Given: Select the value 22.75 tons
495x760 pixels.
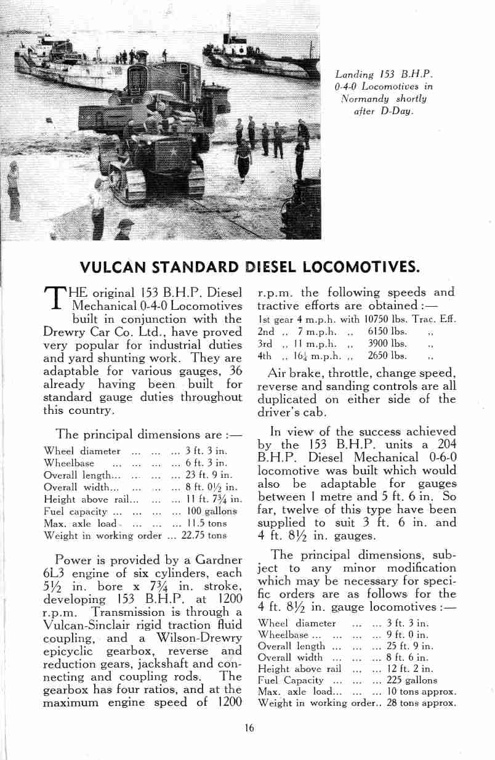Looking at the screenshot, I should click(205, 535).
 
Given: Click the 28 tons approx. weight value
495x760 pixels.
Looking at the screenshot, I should click(421, 703).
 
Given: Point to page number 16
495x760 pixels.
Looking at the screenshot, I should click(248, 727).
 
